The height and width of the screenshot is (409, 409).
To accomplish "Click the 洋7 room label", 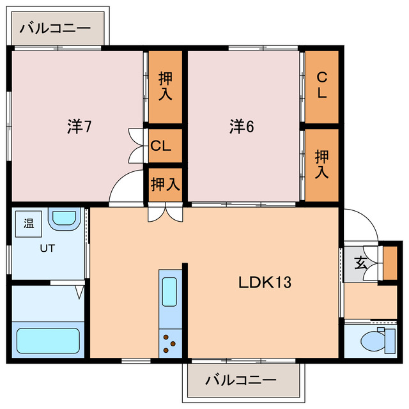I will click(x=79, y=127).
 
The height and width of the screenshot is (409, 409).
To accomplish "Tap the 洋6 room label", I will click(x=242, y=127).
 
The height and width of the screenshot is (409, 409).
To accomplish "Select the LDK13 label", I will click(x=265, y=281).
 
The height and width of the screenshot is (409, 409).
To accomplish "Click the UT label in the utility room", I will click(x=47, y=248).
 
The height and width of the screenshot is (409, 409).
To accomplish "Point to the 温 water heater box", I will click(x=29, y=224).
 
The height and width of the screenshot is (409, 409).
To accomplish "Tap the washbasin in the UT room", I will click(x=63, y=219).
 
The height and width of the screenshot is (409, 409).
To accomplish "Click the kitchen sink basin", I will click(x=169, y=291).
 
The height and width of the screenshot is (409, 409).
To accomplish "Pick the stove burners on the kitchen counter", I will click(x=170, y=343).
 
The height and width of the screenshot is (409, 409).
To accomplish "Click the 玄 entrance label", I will click(x=360, y=262).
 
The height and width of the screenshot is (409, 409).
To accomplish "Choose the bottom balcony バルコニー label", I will click(x=241, y=380).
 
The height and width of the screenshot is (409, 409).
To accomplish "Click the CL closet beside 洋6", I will click(x=321, y=86).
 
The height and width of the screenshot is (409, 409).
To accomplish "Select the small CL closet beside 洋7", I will click(x=161, y=145).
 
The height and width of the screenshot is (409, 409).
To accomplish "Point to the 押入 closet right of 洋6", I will click(x=321, y=164).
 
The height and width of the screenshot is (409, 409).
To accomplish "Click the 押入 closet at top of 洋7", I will click(x=166, y=86).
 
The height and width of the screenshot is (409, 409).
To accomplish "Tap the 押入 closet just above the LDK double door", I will click(x=166, y=184).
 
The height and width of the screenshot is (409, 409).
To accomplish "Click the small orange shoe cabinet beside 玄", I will click(x=390, y=263).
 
